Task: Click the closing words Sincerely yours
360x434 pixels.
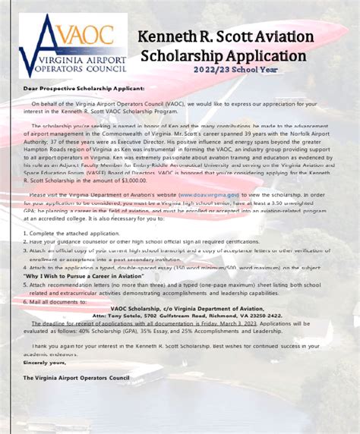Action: coord(44,363)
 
